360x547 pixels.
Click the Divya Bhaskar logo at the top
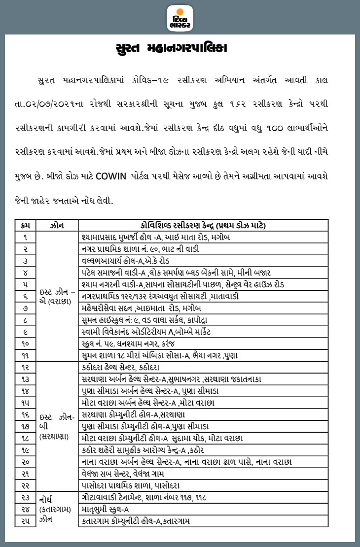click(180, 17)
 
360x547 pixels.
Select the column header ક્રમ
click(26, 226)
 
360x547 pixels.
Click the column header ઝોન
click(57, 226)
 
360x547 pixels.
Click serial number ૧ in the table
click(26, 237)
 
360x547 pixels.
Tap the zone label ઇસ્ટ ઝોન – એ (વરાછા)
click(57, 296)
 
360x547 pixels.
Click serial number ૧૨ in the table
click(26, 367)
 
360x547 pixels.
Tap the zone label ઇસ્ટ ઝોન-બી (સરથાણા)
click(57, 426)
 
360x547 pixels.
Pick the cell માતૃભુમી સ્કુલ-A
click(106, 509)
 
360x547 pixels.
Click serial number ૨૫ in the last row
click(26, 521)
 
